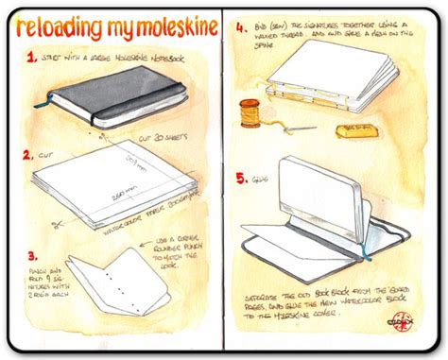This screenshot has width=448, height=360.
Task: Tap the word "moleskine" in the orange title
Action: tap(160, 28)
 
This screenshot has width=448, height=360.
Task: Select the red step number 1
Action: tap(32, 58)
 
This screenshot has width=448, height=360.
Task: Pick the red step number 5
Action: tap(242, 176)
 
